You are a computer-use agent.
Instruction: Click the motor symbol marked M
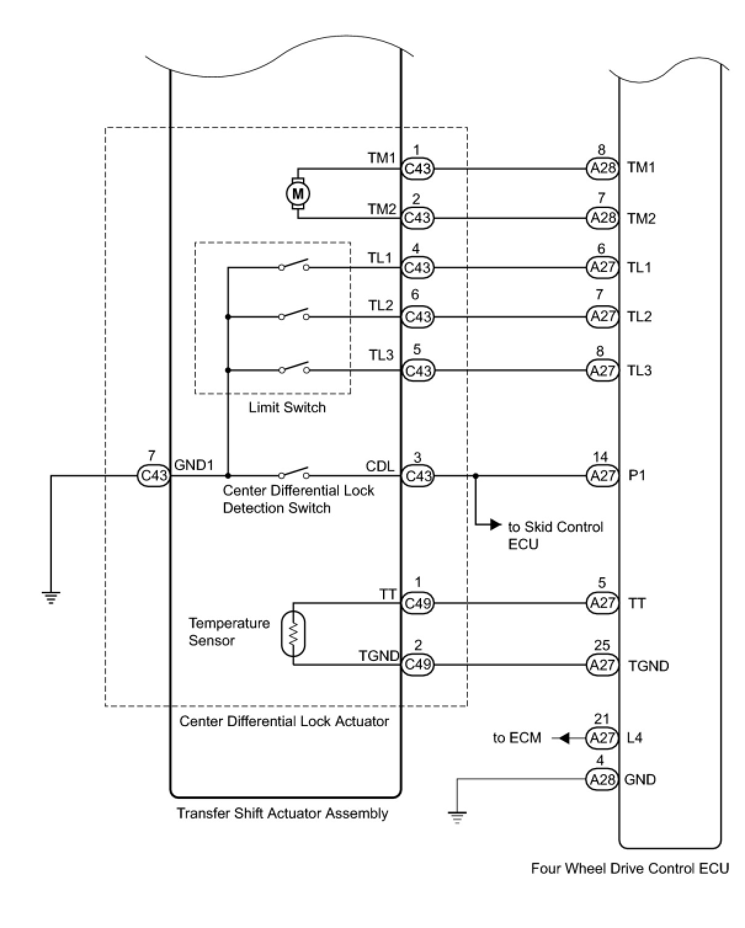[x=297, y=194]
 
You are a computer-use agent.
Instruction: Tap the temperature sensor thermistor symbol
[x=293, y=634]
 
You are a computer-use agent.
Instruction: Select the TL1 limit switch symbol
[x=294, y=265]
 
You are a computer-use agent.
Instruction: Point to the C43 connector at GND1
[x=153, y=476]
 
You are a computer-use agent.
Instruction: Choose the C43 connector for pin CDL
[x=417, y=476]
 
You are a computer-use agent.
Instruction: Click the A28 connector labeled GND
[x=602, y=779]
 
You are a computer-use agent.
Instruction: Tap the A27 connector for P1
[x=602, y=476]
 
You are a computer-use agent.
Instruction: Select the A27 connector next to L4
[x=602, y=738]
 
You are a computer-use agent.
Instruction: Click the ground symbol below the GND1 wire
[x=51, y=598]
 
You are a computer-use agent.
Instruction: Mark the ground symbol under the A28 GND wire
[x=457, y=817]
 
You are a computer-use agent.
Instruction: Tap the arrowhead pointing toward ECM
[x=564, y=738]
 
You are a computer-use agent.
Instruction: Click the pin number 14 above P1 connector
[x=600, y=457]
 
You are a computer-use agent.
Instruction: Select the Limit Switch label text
[x=287, y=407]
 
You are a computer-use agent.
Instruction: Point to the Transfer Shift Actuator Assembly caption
[x=283, y=814]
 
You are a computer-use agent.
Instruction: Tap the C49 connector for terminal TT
[x=417, y=603]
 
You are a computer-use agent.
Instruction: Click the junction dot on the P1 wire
[x=475, y=476]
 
